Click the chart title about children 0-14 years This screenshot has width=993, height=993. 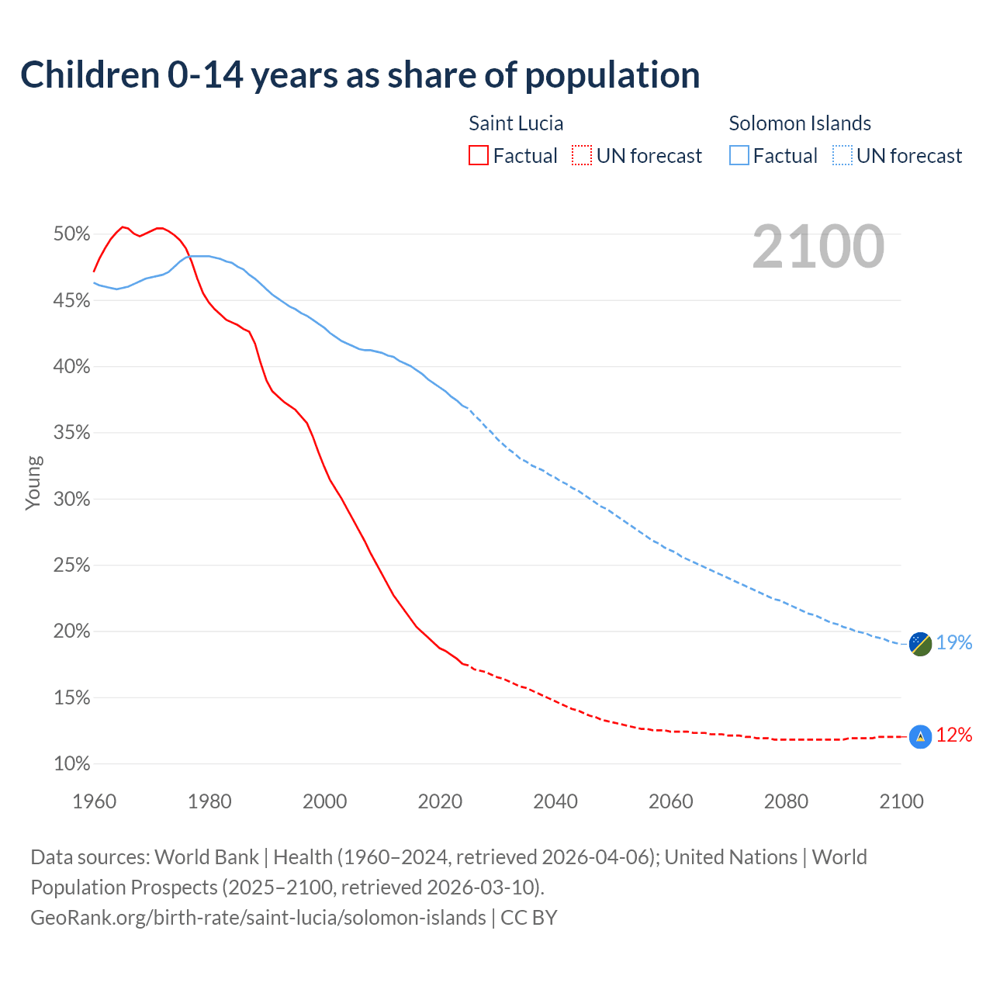[360, 75]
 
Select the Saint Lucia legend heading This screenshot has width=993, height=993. [516, 123]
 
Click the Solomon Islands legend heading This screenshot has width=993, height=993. [800, 123]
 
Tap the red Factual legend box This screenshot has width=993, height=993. [479, 156]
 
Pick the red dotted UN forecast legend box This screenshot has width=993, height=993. [582, 156]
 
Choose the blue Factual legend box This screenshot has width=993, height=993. [739, 156]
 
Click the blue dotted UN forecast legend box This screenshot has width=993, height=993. [842, 156]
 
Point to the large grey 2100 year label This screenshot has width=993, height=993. [818, 247]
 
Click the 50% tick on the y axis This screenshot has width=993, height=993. [72, 234]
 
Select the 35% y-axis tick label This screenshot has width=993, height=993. [72, 433]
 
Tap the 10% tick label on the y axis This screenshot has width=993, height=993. [72, 764]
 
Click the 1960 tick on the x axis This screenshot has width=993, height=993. [94, 801]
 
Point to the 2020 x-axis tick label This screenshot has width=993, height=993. [440, 801]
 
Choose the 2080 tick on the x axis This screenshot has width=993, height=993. [786, 801]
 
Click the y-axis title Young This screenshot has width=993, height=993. [33, 483]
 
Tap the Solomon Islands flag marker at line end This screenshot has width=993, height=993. [920, 643]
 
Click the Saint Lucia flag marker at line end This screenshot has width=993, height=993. [920, 736]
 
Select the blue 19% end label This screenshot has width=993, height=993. [954, 643]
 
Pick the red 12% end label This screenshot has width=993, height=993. [954, 735]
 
